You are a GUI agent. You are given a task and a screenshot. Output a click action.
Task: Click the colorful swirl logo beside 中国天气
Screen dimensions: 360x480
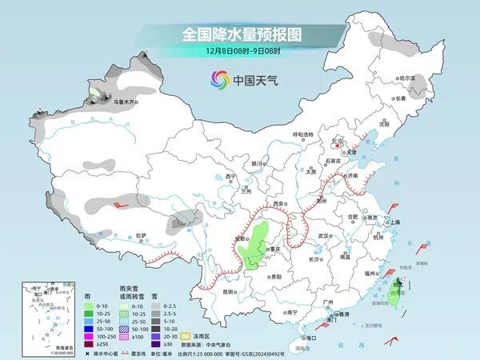[219, 79]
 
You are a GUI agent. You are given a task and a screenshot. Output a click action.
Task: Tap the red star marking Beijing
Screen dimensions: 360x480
[337, 145]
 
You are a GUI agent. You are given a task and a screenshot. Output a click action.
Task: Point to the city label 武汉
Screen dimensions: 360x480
[324, 237]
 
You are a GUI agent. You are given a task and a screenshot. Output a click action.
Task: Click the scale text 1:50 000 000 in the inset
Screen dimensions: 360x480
[34, 353]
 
